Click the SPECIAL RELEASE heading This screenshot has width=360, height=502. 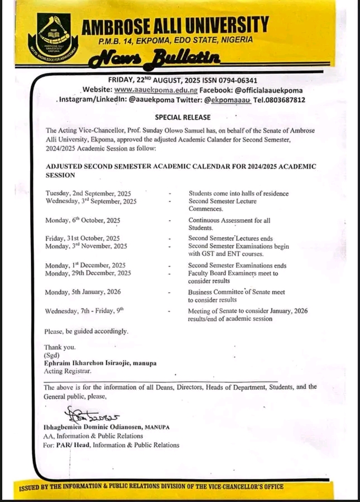click(x=183, y=118)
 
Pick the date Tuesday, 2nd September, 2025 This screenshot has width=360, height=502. click(x=90, y=193)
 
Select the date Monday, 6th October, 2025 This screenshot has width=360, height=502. click(x=83, y=220)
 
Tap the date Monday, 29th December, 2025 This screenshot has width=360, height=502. click(x=88, y=273)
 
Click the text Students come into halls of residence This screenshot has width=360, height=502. click(x=238, y=193)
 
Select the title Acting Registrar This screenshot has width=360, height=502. click(x=66, y=371)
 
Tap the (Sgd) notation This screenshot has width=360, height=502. click(x=51, y=355)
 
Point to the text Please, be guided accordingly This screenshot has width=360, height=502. click(x=87, y=331)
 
